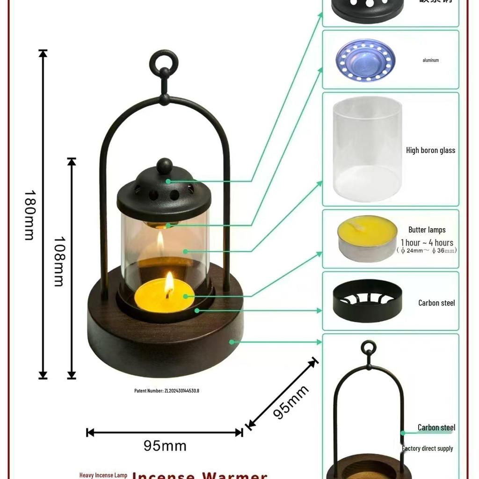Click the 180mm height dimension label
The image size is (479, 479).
click(x=29, y=215)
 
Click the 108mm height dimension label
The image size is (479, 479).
click(x=58, y=261)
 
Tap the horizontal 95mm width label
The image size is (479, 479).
click(x=165, y=446)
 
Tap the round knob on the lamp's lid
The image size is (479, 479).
click(x=164, y=166)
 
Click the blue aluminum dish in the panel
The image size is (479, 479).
click(x=365, y=60)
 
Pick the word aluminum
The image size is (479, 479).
click(x=430, y=60)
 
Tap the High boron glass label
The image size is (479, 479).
click(x=430, y=150)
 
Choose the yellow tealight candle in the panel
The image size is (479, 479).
click(x=367, y=238)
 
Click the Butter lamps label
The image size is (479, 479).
click(x=427, y=230)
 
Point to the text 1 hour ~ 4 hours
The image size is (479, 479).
click(x=427, y=242)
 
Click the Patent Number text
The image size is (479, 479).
click(x=167, y=391)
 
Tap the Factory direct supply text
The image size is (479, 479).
click(x=427, y=449)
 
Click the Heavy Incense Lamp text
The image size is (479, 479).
click(x=103, y=475)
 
